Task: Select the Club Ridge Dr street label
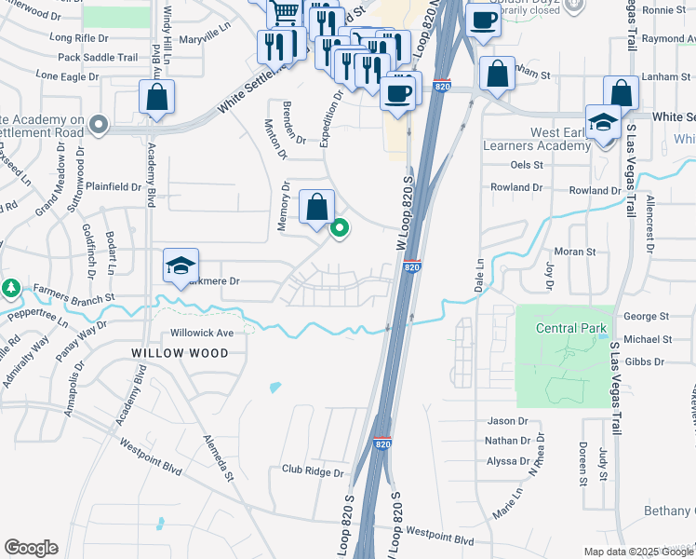tap(313, 471)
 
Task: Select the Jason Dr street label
tap(507, 421)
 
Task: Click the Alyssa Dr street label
tap(508, 461)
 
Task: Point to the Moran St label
tap(574, 252)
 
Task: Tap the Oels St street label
tap(527, 165)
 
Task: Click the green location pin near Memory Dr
tap(341, 226)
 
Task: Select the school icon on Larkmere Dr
tap(181, 265)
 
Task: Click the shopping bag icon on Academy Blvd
tap(157, 96)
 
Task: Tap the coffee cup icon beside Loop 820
tap(397, 93)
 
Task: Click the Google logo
tap(31, 548)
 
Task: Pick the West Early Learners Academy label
tap(535, 140)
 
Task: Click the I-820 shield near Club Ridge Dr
tap(381, 444)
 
